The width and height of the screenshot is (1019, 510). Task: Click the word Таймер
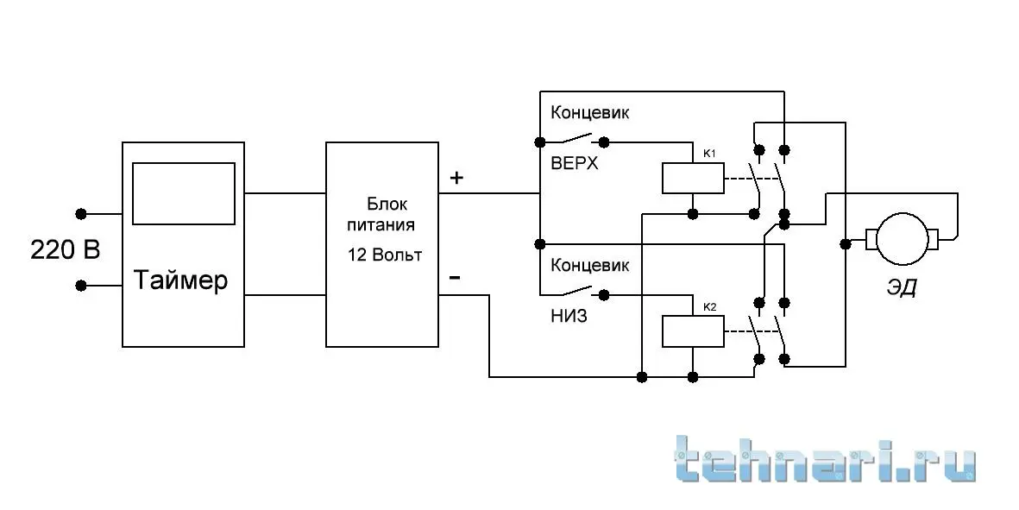tap(180, 280)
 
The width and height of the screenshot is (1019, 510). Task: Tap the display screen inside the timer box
tap(184, 193)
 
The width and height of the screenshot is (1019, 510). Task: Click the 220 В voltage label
tap(66, 249)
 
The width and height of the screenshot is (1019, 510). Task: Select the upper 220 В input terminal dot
tap(81, 213)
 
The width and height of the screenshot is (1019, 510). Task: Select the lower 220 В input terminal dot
tap(81, 286)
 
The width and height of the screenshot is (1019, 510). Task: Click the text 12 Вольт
tap(385, 255)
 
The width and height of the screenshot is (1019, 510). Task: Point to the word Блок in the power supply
tap(387, 204)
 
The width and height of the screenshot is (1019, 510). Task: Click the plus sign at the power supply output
tap(456, 178)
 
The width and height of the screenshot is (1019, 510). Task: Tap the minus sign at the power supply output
tap(455, 278)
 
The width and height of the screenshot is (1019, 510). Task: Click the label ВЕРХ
tap(575, 163)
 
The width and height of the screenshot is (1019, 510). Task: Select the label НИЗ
tap(569, 317)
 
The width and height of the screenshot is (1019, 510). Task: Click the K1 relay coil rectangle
tap(693, 178)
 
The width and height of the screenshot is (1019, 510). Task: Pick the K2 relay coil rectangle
tap(693, 331)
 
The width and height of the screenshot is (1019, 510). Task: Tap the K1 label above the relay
tap(709, 154)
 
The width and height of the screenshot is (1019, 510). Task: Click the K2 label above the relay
tap(709, 306)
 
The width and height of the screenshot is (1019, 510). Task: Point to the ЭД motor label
tap(902, 286)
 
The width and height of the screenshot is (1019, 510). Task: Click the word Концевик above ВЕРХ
tap(590, 112)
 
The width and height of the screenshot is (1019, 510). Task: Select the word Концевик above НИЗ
tap(590, 265)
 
